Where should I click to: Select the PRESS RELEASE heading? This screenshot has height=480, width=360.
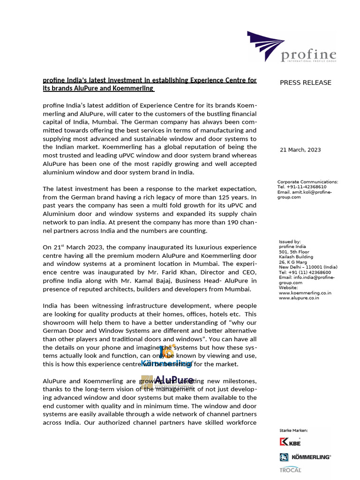point(305,82)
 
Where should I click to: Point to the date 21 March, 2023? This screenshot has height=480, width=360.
point(300,150)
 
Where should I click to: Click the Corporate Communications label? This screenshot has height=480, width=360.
point(307,182)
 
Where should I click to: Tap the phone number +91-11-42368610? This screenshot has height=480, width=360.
point(305,187)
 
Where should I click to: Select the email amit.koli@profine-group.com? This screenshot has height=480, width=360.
point(307,195)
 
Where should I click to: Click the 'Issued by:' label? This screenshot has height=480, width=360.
point(290,242)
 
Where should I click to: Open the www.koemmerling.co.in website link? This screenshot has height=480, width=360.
point(305,292)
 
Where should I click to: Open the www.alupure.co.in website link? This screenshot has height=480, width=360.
point(299,298)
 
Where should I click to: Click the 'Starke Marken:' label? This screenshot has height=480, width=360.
point(293,430)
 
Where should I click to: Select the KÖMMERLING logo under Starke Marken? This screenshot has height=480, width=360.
point(305,457)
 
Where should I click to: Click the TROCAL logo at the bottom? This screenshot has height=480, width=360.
point(290,470)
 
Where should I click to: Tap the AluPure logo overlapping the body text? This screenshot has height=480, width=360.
point(167,382)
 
